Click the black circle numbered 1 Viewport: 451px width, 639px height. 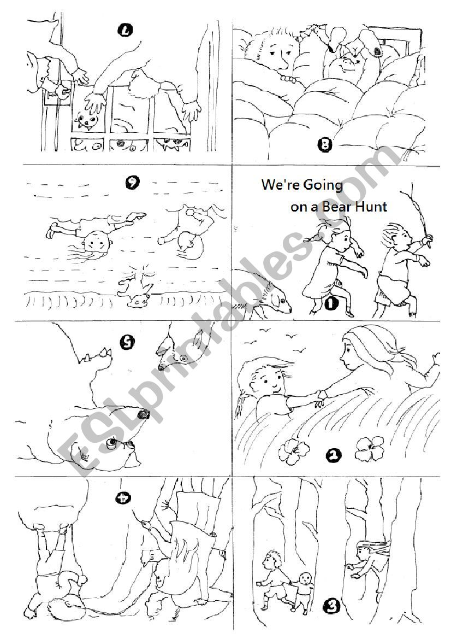point(331,303)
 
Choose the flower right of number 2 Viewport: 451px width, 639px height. point(366,448)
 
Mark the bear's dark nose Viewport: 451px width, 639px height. point(143,415)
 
